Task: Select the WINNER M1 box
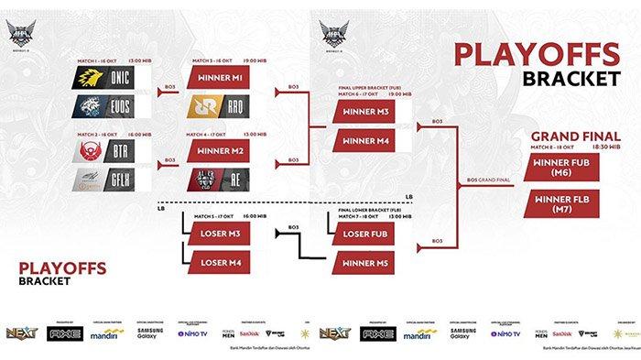(220, 78)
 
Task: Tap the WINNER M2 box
(220, 149)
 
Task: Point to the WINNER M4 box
(367, 140)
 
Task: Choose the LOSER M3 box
(220, 234)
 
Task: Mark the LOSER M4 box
(220, 261)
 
